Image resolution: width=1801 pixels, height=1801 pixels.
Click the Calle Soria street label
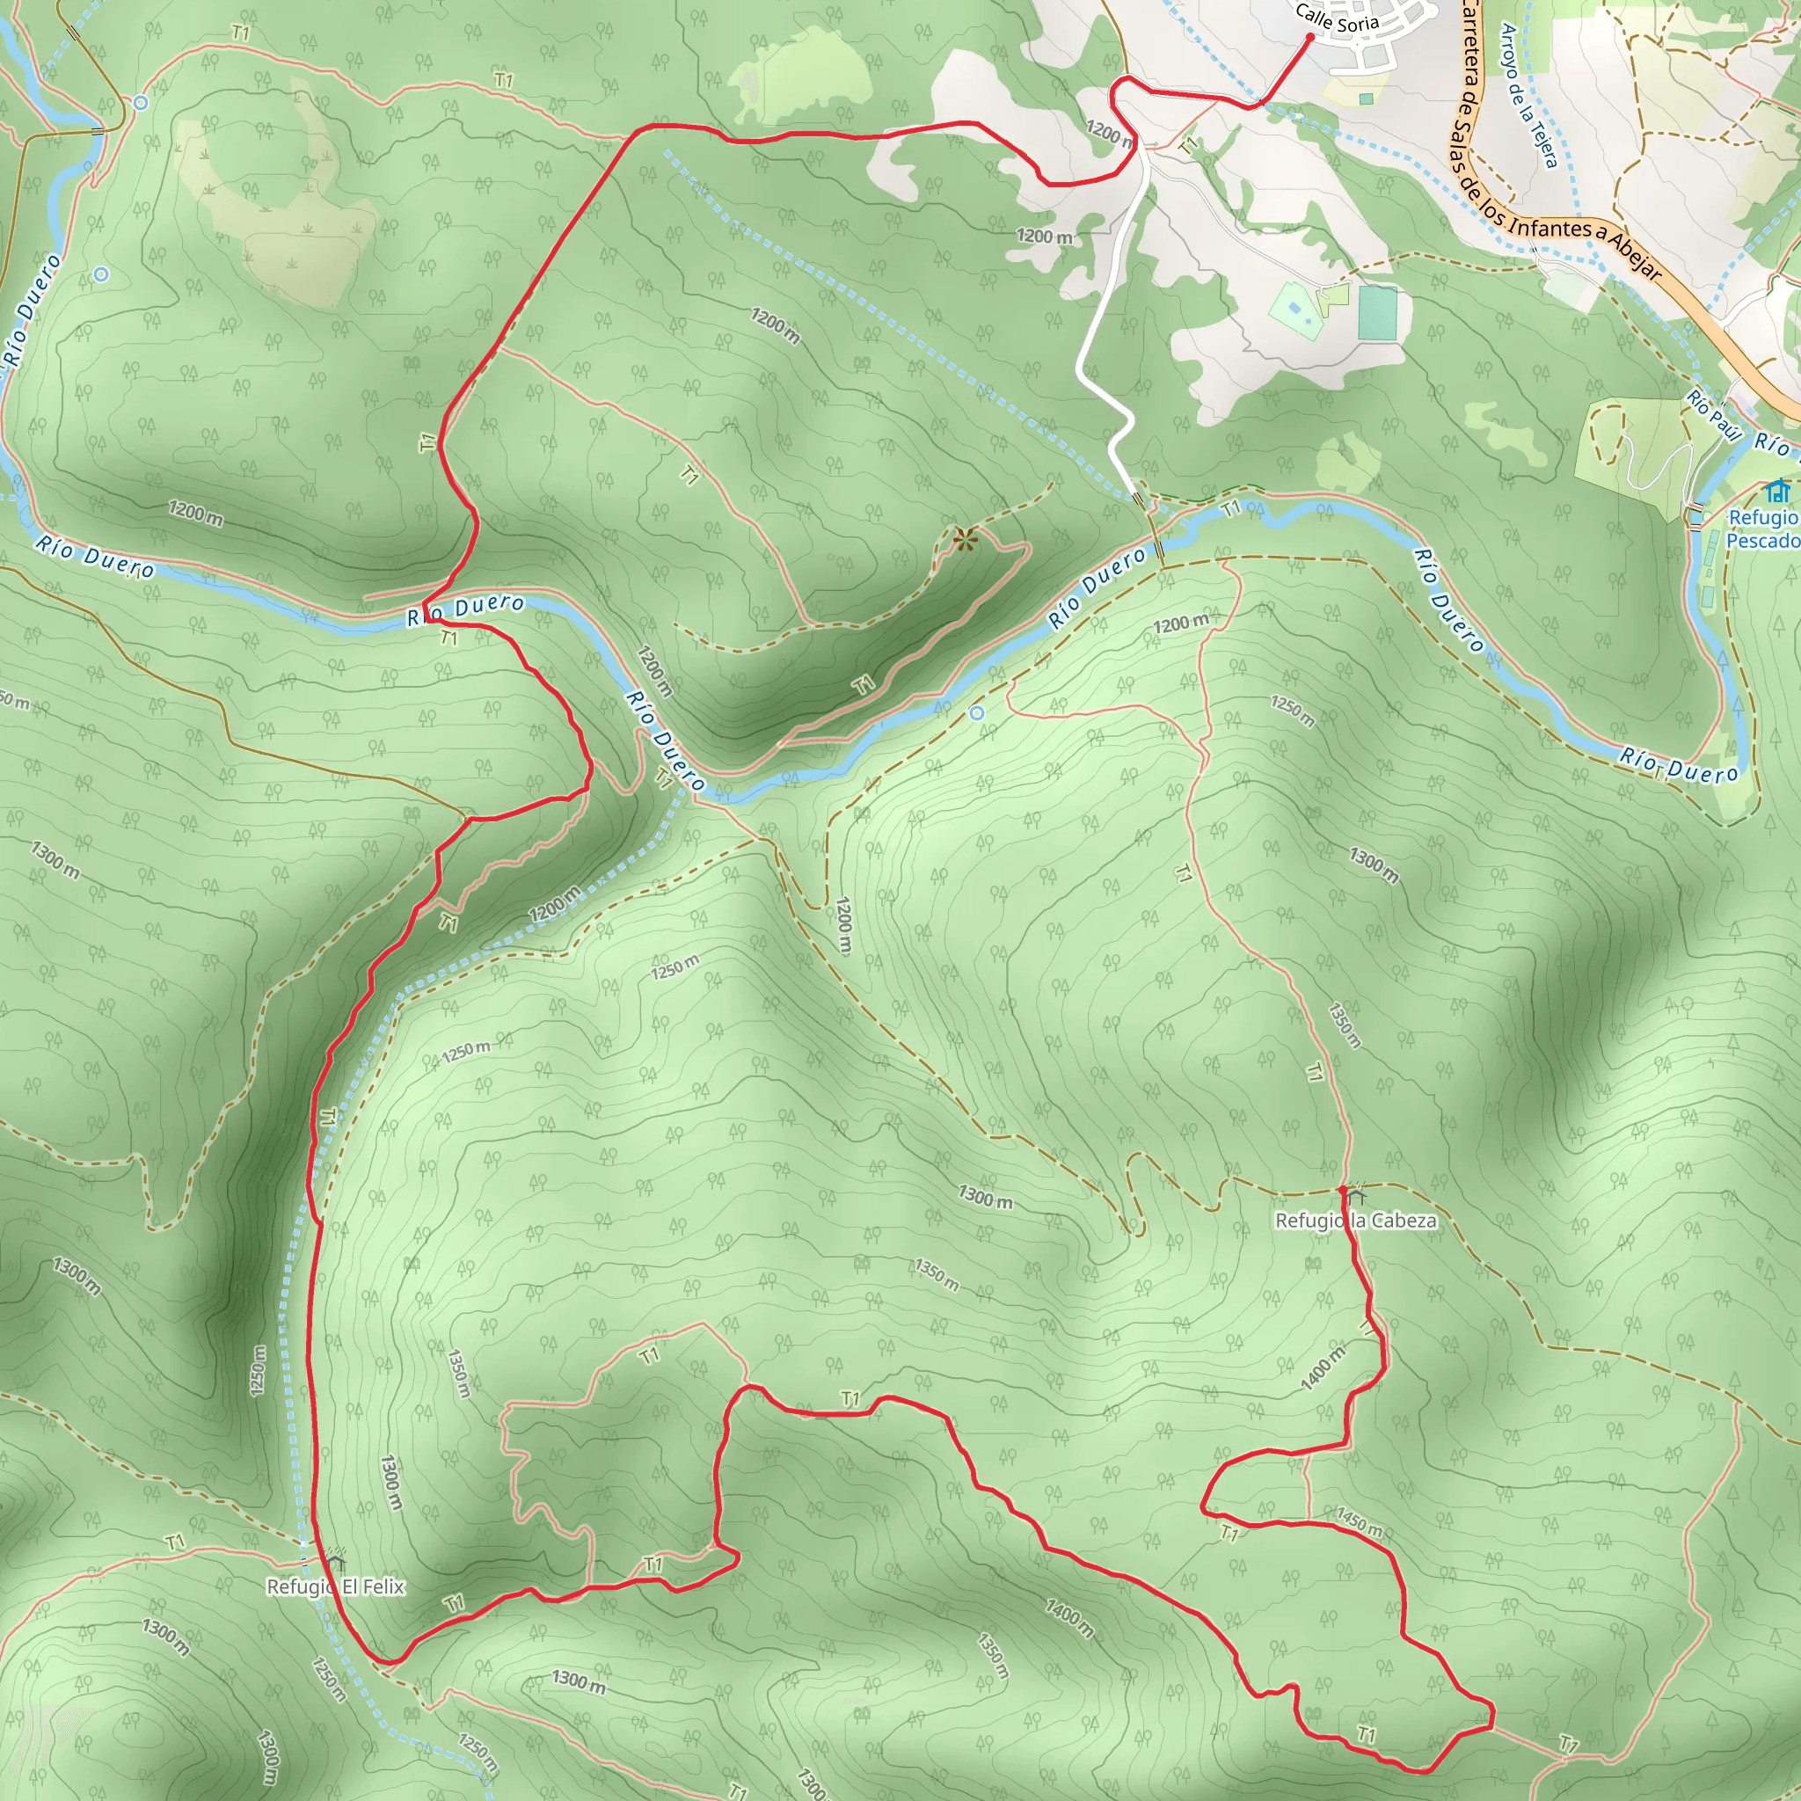tap(1337, 18)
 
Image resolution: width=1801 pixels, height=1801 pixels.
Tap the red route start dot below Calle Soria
tap(1309, 37)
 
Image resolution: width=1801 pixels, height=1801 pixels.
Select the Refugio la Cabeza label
tap(1355, 1221)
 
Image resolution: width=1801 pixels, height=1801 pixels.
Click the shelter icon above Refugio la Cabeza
tap(1355, 1195)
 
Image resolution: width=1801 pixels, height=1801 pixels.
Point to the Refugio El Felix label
tap(336, 1586)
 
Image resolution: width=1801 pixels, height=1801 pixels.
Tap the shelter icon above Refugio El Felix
tap(336, 1562)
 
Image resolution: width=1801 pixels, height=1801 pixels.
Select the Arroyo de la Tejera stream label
tap(1528, 96)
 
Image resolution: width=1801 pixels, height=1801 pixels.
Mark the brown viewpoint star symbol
tap(965, 538)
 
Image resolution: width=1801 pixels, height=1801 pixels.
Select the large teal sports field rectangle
tap(1378, 313)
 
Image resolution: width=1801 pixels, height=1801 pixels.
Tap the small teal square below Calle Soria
tap(1366, 98)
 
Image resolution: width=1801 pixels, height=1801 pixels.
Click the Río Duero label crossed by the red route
tap(466, 609)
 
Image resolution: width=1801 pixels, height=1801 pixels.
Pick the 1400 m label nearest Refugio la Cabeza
tap(1323, 1368)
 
